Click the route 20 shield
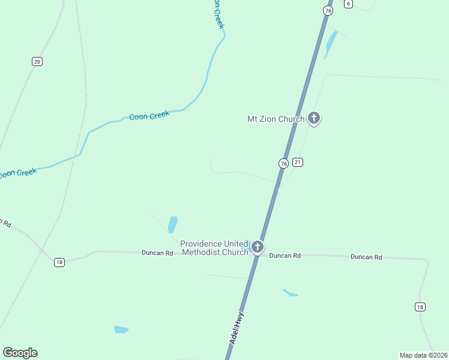point(37,61)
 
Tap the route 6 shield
point(349,4)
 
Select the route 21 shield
point(298,162)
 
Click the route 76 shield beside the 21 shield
point(283,163)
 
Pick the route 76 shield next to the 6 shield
point(327,11)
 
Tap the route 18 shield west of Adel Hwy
point(59,262)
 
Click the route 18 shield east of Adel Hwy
point(420,307)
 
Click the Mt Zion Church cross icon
point(313,118)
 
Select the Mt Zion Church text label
point(276,119)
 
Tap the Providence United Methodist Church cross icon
point(257,247)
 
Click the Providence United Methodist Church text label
point(214,248)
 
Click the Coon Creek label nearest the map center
point(149,116)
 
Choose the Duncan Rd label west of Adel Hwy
point(157,253)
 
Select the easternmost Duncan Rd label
point(366,257)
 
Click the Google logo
point(20,353)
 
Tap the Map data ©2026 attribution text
point(424,355)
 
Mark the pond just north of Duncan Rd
point(173,224)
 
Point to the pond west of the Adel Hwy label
point(121,329)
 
